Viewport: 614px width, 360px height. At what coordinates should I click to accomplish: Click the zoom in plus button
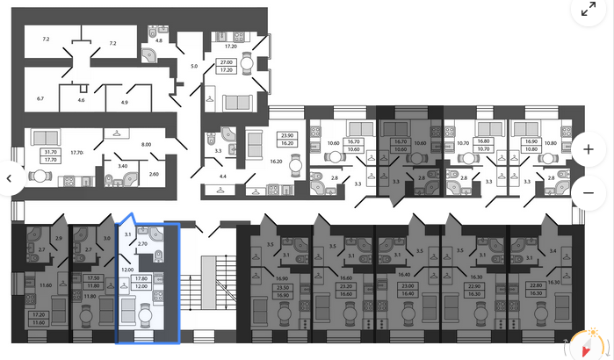coord(588,148)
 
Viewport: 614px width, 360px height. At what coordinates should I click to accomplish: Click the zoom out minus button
coord(588,189)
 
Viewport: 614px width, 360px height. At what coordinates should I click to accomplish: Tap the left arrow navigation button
coord(10,178)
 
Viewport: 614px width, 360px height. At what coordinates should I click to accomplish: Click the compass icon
coord(582,345)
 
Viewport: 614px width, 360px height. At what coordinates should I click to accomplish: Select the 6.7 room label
coord(40,99)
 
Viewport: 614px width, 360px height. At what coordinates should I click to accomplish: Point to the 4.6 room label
coord(82,102)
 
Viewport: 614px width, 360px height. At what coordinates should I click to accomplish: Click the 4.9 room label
coord(125,103)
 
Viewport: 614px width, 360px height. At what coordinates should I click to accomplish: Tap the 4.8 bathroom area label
coord(159,40)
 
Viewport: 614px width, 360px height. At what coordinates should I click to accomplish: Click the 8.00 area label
coord(147,144)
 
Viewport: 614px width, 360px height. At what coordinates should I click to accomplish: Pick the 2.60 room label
coord(154,174)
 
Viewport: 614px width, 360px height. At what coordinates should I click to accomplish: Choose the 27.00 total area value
coord(225,62)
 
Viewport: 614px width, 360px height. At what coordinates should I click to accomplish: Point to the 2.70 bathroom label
coord(143,242)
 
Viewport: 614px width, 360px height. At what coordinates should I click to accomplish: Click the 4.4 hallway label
coord(222,177)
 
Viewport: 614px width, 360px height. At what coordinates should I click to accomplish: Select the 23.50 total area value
coord(258,286)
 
